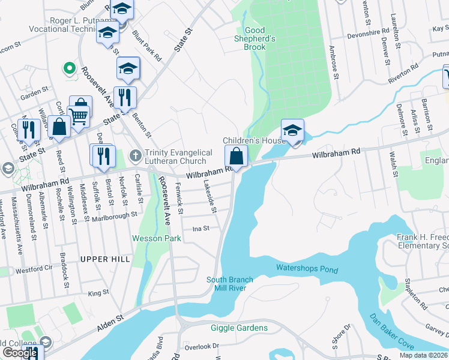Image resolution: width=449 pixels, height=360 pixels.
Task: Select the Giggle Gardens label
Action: tap(239, 328)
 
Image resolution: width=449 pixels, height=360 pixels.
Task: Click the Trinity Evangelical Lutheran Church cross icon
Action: tap(136, 156)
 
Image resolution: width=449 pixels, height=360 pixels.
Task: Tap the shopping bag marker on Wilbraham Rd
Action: tap(237, 157)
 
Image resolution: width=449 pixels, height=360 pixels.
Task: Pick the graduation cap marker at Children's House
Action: tap(292, 130)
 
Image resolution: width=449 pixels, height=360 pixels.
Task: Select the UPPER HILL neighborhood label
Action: tap(104, 259)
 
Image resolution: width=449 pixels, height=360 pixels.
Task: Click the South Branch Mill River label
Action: tap(230, 284)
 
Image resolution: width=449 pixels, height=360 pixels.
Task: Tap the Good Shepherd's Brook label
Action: tap(255, 39)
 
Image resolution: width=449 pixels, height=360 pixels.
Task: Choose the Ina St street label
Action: tap(200, 229)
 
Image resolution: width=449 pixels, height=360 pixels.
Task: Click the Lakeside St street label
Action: tap(210, 196)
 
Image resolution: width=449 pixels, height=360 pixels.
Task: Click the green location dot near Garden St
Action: tap(70, 68)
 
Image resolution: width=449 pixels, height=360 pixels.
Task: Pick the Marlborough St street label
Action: tap(116, 217)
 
